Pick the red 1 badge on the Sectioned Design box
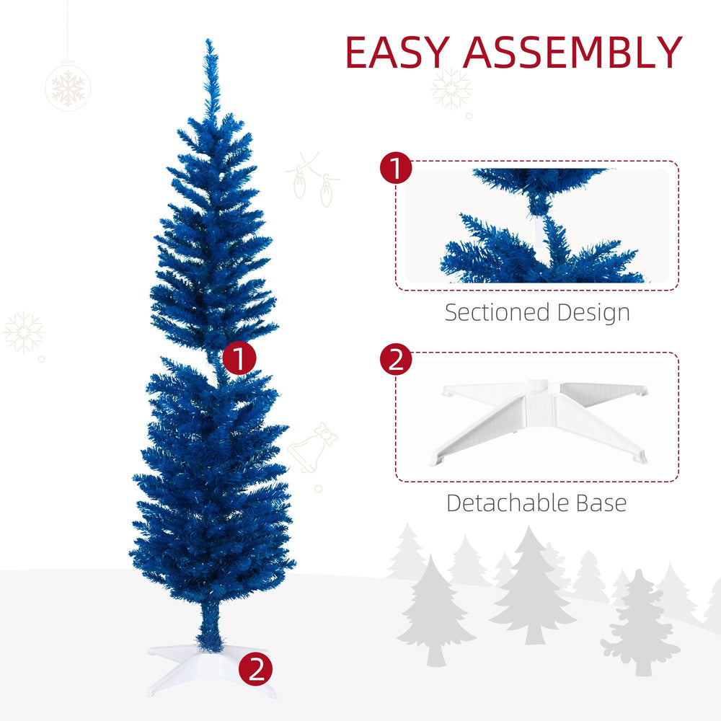(396, 169)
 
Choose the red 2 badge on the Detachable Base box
(396, 360)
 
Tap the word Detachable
(502, 503)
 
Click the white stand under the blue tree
(209, 667)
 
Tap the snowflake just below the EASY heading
(451, 89)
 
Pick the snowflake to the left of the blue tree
(24, 332)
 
